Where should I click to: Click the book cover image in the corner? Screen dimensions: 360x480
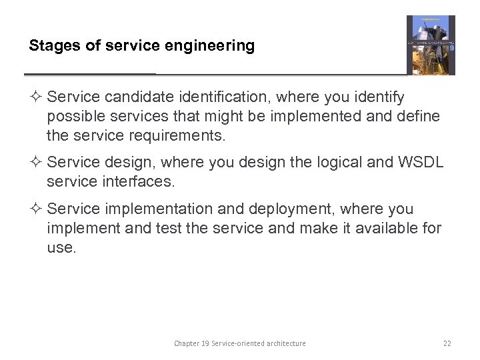(x=431, y=45)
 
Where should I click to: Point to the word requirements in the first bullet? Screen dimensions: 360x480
(x=183, y=136)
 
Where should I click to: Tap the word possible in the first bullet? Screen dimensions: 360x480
(x=71, y=117)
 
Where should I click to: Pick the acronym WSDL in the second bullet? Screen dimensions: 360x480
(x=421, y=162)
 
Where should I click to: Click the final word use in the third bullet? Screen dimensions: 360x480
(x=61, y=248)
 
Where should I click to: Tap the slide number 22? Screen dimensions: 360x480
(x=447, y=343)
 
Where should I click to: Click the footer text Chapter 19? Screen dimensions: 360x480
(x=193, y=343)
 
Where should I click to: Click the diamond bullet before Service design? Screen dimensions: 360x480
(x=37, y=162)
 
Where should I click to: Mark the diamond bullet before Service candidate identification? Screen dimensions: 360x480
(x=37, y=97)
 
